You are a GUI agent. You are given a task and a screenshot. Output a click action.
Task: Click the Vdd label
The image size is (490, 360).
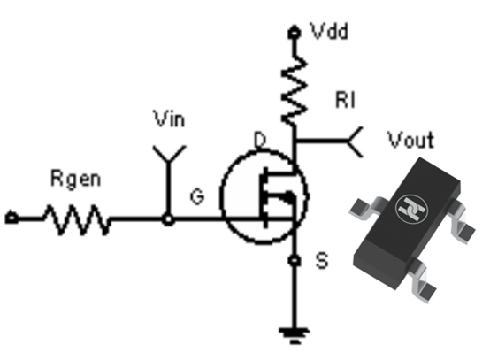[329, 31]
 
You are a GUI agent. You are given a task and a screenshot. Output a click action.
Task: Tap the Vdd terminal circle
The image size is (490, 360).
[294, 32]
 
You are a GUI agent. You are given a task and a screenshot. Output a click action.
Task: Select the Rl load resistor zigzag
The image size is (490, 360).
[294, 90]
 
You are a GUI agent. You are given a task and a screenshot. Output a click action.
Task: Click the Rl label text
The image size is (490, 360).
[345, 100]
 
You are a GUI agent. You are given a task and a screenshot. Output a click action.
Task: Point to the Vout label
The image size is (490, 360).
[410, 140]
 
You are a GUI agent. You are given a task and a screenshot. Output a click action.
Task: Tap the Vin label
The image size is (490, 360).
[169, 119]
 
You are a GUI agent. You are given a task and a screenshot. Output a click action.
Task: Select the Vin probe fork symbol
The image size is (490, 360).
[169, 154]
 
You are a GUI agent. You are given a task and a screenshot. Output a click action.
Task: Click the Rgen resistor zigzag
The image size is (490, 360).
[77, 219]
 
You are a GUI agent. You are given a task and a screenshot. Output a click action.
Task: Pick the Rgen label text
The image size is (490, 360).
[76, 179]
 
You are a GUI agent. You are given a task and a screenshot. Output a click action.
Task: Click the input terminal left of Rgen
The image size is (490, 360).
[11, 218]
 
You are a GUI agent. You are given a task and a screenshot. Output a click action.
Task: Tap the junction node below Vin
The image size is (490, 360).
[168, 219]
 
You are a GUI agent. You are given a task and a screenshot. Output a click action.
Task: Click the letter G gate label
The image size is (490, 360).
[197, 197]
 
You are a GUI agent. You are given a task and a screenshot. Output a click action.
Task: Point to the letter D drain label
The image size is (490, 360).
[260, 140]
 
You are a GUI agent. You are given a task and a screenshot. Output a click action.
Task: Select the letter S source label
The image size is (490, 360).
[322, 260]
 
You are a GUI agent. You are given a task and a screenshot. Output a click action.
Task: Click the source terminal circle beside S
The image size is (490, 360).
[294, 260]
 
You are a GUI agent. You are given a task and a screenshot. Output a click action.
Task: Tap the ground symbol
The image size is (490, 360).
[294, 335]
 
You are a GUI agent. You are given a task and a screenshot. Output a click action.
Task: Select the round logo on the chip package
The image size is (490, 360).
[411, 209]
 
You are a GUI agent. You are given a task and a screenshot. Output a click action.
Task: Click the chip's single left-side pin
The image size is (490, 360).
[364, 207]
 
